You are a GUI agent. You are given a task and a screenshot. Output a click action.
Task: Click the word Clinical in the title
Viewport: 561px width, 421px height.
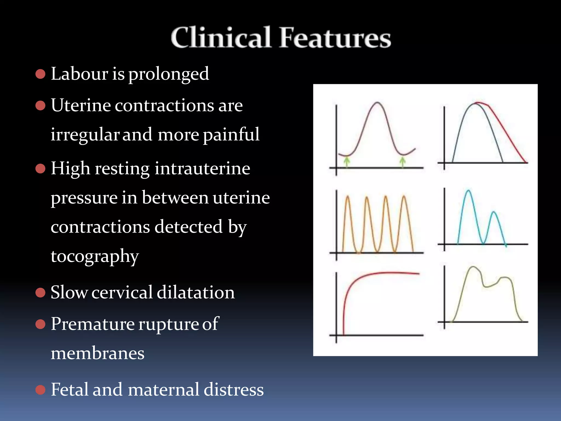pos(221,38)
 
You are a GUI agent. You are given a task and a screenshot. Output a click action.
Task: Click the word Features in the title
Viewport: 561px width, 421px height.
pos(335,38)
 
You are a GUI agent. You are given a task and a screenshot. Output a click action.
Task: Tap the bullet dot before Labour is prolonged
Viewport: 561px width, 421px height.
pos(40,74)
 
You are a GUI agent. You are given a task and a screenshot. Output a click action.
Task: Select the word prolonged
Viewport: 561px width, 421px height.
pos(168,74)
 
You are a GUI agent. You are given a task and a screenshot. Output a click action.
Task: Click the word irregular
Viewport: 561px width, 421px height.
pos(85,135)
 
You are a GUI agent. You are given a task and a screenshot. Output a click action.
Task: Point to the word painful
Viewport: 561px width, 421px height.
pos(231,135)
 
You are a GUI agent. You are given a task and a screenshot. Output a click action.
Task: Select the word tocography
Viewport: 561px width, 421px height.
pos(95,257)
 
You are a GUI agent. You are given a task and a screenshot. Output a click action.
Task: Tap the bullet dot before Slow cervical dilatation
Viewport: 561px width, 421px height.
pos(40,292)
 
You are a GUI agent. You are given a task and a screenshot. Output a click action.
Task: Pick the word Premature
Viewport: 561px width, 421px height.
pos(93,324)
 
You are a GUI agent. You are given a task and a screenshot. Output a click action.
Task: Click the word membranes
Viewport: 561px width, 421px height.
pos(98,353)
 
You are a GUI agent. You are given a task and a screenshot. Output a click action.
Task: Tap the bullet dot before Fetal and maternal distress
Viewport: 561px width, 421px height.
pos(40,389)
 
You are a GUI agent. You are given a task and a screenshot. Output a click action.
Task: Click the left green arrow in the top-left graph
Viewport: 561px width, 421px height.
pos(347,161)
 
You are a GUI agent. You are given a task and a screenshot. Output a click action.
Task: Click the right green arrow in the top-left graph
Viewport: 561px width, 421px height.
pos(402,161)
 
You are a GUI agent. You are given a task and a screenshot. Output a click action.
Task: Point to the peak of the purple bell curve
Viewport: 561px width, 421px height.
pos(377,103)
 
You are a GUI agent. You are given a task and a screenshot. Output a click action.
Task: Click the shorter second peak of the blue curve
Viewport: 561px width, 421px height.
pos(494,212)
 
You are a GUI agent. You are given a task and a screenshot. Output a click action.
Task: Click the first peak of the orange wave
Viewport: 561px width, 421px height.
pos(347,196)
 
